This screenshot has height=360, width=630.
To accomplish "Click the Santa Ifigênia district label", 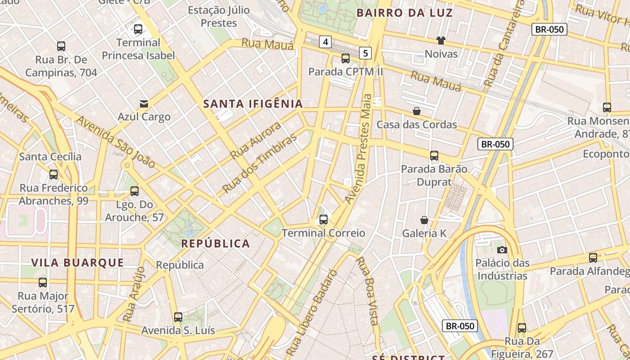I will click(253, 104).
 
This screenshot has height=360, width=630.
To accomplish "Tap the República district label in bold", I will click(215, 243).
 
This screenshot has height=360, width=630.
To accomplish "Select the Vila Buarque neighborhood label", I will click(77, 263).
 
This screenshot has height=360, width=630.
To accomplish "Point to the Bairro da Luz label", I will click(405, 13).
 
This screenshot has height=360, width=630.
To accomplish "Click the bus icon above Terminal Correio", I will click(323, 220).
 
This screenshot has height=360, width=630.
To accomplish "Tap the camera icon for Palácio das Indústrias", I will click(502, 250).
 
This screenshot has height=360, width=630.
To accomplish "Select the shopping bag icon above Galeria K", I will click(424, 220).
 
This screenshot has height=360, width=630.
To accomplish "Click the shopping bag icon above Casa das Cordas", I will click(417, 111).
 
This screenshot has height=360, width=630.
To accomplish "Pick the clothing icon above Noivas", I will click(441, 40).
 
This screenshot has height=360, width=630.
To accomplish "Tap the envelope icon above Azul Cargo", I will click(144, 104).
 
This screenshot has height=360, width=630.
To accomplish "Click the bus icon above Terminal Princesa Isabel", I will click(138, 30).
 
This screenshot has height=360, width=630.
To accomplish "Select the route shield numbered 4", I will click(325, 42).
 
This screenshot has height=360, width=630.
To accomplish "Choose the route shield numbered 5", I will click(365, 53).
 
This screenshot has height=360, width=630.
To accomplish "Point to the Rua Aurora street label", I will click(256, 141).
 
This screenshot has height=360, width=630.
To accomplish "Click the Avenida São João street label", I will click(116, 142).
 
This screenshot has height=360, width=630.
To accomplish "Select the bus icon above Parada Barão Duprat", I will click(434, 156).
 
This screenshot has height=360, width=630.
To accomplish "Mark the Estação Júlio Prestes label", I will click(219, 16).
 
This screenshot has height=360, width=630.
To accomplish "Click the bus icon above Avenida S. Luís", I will click(178, 317).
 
